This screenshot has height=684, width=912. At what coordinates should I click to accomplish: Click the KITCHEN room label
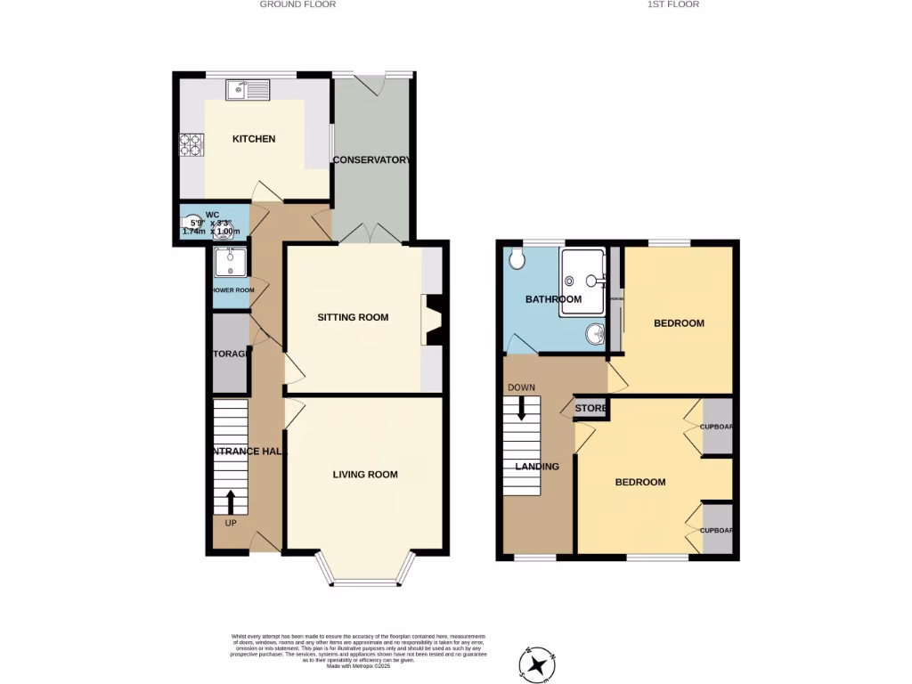click(254, 139)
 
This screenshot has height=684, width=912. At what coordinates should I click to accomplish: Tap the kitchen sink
click(248, 89)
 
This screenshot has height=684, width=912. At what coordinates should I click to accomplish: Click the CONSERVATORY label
click(370, 160)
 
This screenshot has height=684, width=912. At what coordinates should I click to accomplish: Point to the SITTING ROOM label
click(354, 317)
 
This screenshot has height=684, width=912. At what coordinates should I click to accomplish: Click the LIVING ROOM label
click(365, 475)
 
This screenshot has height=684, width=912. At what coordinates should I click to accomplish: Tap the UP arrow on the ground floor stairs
click(231, 501)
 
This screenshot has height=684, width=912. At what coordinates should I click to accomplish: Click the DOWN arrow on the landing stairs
click(522, 409)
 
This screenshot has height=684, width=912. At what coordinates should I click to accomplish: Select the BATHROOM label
click(553, 299)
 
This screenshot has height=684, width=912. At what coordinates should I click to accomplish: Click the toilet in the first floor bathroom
click(518, 259)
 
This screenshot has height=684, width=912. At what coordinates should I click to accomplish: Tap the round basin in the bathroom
click(595, 335)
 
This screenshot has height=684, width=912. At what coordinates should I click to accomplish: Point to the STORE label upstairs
click(590, 409)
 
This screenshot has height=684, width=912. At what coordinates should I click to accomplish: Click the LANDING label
click(537, 467)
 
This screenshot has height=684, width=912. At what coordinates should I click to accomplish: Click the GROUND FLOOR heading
click(297, 4)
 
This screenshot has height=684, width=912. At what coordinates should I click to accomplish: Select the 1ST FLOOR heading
click(672, 4)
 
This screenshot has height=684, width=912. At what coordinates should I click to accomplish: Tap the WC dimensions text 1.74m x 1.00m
click(207, 232)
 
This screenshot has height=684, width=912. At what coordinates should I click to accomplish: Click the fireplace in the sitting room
click(432, 320)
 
